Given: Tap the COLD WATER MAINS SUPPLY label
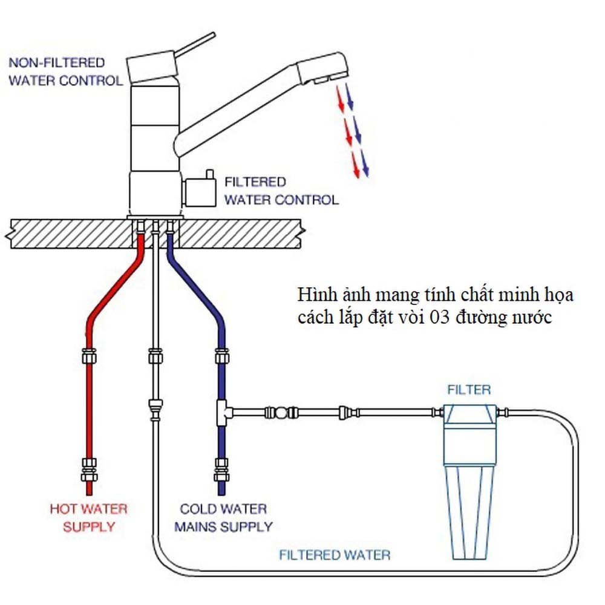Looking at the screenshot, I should coord(223,518).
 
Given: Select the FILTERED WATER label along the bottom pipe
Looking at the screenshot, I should coord(334,554).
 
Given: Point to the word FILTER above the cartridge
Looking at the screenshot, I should coord(469,389).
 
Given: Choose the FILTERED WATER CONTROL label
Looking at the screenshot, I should coord(281,191).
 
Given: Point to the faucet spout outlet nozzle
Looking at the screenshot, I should coord(323,79).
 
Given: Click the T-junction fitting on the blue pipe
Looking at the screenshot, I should coord(222,413).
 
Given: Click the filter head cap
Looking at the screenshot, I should coord(470,414).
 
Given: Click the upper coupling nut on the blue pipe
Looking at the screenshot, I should coord(222,356).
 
